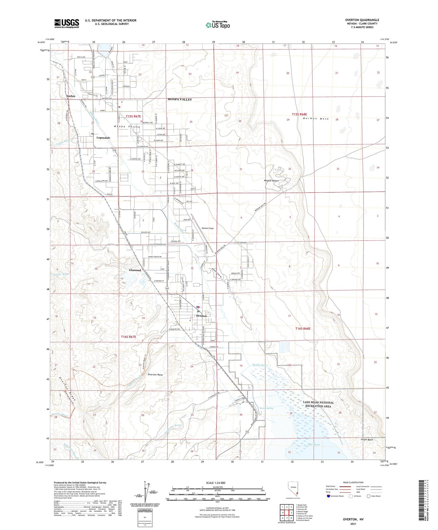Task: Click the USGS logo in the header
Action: (67, 23)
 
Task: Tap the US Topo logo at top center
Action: (218, 25)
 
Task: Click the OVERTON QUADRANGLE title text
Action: (362, 20)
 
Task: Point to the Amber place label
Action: (71, 96)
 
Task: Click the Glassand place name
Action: (135, 270)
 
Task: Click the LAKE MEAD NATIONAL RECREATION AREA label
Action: (318, 404)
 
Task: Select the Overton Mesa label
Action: (155, 374)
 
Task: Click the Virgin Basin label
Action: (367, 440)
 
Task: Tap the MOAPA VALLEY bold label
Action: (180, 99)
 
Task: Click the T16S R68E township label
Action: (303, 329)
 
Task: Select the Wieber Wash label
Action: (61, 274)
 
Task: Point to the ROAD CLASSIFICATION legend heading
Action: (353, 482)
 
